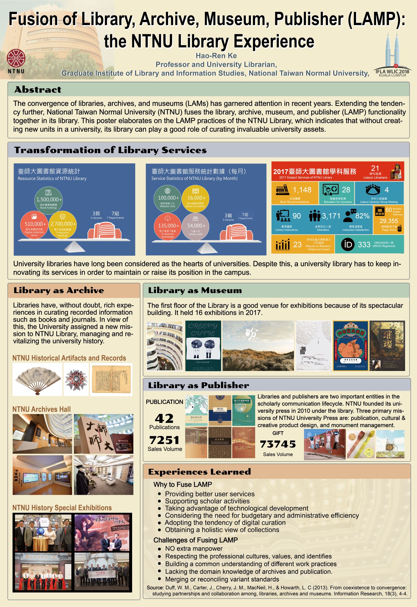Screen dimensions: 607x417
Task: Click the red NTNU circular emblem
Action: click(x=16, y=58)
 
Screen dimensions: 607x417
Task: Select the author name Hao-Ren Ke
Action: click(x=216, y=56)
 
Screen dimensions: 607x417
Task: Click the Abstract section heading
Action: click(x=38, y=90)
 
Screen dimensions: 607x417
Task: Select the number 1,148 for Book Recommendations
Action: click(x=302, y=190)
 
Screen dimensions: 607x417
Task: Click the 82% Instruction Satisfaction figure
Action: click(x=362, y=216)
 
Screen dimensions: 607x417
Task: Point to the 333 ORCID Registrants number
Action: click(x=364, y=245)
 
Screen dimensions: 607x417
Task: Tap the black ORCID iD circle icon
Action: click(x=348, y=245)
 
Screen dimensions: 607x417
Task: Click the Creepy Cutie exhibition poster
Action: click(x=203, y=346)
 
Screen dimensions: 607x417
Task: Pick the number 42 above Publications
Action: click(x=164, y=418)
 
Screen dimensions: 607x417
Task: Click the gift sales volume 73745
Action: click(x=278, y=444)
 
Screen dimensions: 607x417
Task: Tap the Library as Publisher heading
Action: click(x=198, y=385)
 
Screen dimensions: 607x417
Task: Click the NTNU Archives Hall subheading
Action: click(x=42, y=409)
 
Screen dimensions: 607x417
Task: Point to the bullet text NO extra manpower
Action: click(x=194, y=548)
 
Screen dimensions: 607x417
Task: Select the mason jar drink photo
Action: click(x=390, y=444)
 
